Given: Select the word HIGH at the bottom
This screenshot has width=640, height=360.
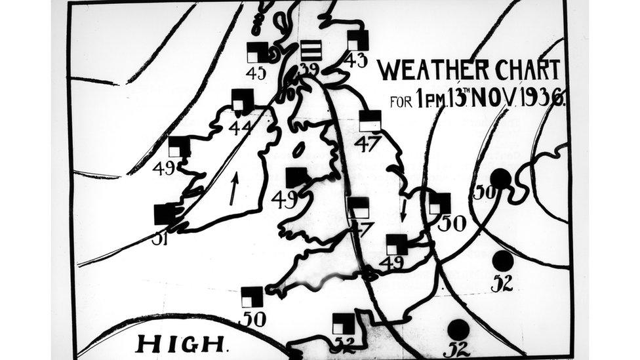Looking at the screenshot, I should pyautogui.click(x=180, y=342).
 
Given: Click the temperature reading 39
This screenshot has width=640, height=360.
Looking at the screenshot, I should pyautogui.click(x=310, y=69).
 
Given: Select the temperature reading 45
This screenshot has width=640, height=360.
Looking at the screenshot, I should pyautogui.click(x=256, y=73).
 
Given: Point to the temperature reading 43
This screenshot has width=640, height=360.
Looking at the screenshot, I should pyautogui.click(x=356, y=60).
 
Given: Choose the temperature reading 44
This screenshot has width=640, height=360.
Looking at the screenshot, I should pyautogui.click(x=241, y=128).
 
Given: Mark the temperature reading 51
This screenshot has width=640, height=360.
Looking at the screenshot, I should pyautogui.click(x=161, y=239).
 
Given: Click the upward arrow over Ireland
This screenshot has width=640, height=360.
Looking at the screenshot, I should pyautogui.click(x=233, y=188).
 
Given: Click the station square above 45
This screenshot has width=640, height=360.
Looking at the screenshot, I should pyautogui.click(x=258, y=52).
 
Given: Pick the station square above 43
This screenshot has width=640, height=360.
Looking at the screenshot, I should pyautogui.click(x=358, y=41).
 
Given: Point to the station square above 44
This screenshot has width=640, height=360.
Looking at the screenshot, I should pyautogui.click(x=243, y=100).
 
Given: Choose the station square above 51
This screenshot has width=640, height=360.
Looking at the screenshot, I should pyautogui.click(x=165, y=214).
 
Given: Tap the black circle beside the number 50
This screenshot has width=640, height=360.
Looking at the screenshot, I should pyautogui.click(x=501, y=178).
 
